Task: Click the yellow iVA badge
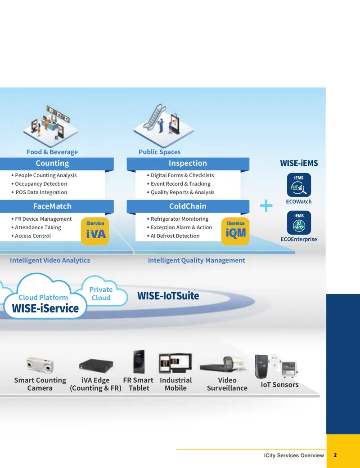pos(95,231)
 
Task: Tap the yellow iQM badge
pos(235,231)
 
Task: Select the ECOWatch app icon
pos(299,185)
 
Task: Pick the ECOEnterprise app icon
pos(299,223)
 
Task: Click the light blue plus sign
pos(266,205)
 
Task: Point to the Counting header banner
pos(56,164)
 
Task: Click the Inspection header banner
pos(188,164)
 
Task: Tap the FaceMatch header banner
pos(56,206)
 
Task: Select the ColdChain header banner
pos(188,206)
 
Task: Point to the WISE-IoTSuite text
pos(168,296)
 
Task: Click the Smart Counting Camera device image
pos(40,365)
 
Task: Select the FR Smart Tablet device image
pos(139,361)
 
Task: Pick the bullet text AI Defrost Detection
pos(175,236)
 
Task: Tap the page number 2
pos(335,455)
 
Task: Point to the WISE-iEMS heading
pos(299,163)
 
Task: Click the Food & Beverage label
pos(52,152)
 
